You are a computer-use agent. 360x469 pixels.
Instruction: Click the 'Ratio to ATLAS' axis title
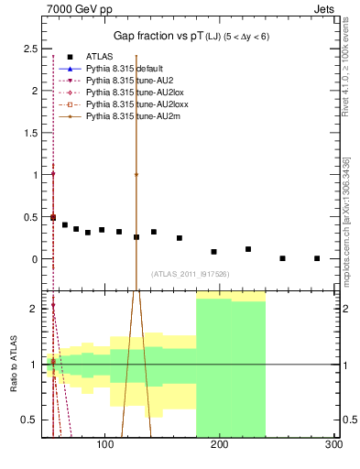coord(14,365)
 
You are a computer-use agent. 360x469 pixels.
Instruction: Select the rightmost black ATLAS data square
coord(317,258)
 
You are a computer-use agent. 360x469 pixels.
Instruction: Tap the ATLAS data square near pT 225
coord(247,249)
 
